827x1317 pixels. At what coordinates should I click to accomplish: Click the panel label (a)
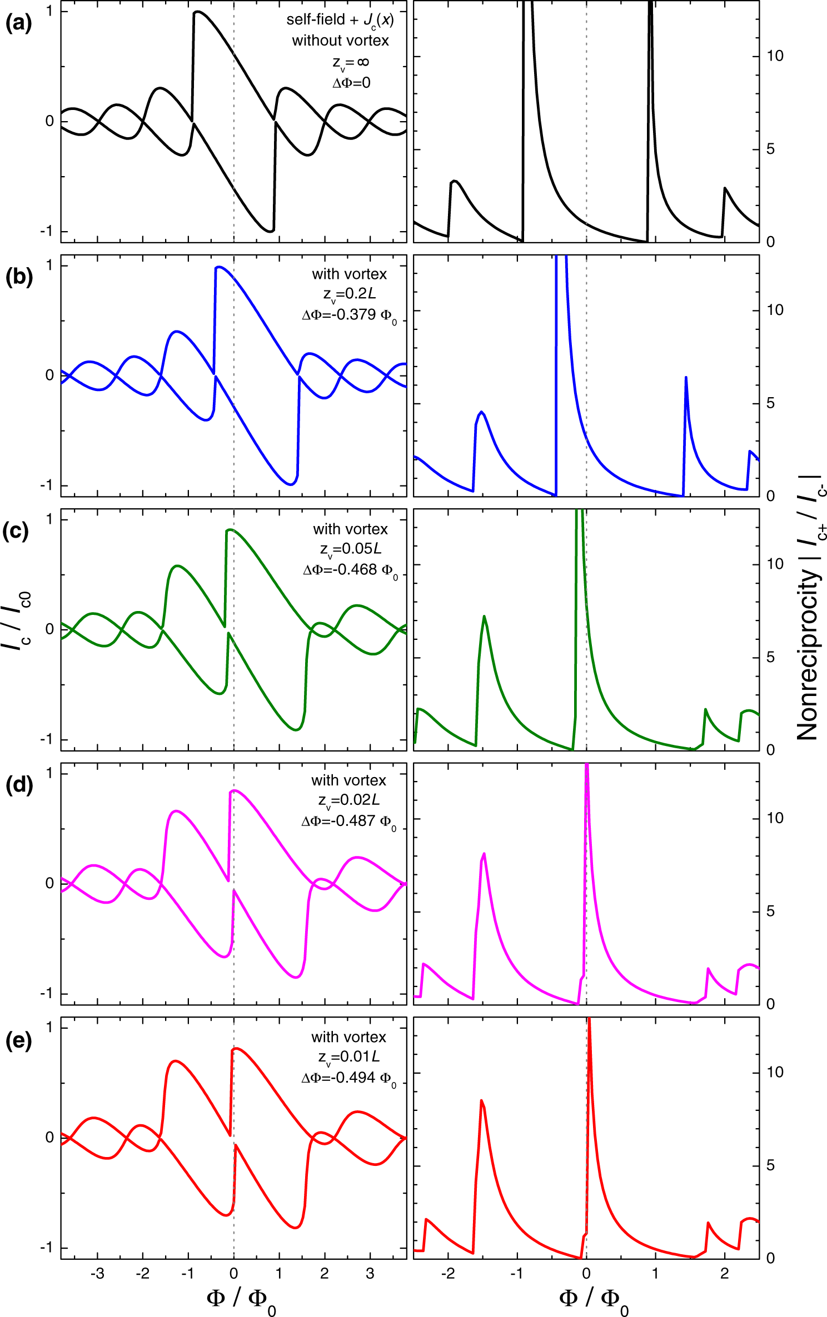point(18,23)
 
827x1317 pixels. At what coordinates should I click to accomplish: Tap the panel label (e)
point(18,1040)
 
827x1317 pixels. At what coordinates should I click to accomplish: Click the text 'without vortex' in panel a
point(340,41)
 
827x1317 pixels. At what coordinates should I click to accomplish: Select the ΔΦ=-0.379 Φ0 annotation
point(349,316)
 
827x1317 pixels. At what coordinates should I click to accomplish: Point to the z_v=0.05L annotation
point(350,549)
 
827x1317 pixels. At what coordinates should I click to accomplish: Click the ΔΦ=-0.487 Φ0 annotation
point(348,822)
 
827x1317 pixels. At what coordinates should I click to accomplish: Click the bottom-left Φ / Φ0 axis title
point(240,1299)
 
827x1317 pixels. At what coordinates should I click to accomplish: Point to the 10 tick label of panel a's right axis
point(775,56)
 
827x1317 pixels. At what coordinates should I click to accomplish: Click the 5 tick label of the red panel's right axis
point(770,1165)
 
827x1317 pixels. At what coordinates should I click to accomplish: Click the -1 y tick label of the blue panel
point(47,485)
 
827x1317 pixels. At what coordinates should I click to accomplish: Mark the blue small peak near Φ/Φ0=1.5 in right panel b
point(686,378)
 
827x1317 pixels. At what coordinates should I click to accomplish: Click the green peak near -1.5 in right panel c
point(485,616)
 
